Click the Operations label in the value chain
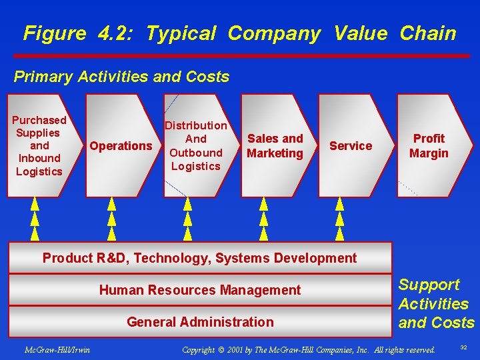click(x=121, y=146)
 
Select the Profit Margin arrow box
click(x=429, y=146)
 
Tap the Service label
click(x=351, y=146)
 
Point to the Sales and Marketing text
click(x=275, y=146)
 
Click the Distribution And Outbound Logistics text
click(x=196, y=145)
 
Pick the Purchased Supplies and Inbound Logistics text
click(x=39, y=145)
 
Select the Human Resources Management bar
click(x=200, y=290)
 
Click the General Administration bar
click(x=200, y=322)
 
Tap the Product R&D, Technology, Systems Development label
click(x=200, y=258)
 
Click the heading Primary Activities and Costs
click(x=121, y=77)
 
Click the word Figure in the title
click(x=54, y=33)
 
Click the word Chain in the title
click(x=428, y=33)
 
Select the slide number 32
click(x=463, y=347)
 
